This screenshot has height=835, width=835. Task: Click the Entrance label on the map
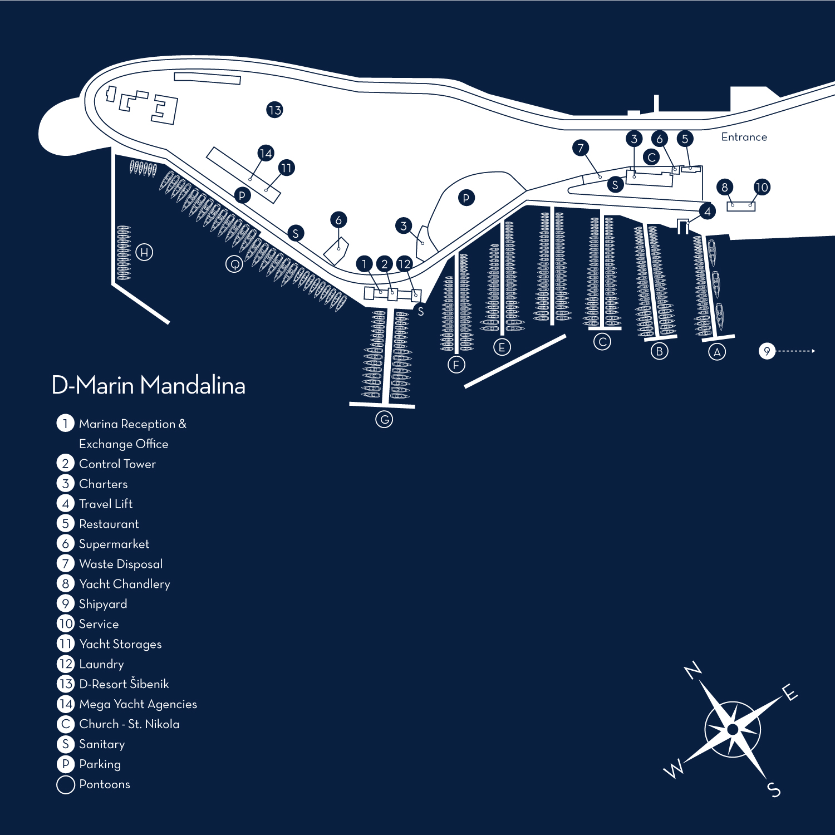[x=744, y=137]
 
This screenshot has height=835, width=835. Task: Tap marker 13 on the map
[x=274, y=110]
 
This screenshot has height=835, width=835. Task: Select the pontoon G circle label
[x=384, y=419]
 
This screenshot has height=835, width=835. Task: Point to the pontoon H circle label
[x=144, y=252]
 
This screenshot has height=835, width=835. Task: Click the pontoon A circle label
[x=717, y=352]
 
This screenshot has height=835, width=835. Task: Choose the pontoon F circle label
[x=456, y=365]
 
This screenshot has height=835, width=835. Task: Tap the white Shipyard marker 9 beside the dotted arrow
[x=767, y=351]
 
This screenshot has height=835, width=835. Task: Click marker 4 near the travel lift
[x=707, y=212]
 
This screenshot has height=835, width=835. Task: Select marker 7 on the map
[x=581, y=148]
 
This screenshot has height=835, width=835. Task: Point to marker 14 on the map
[x=266, y=153]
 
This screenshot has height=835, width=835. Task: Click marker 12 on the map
[x=404, y=264]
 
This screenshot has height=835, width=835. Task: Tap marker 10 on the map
[x=762, y=187]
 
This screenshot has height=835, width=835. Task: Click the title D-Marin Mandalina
[x=148, y=385]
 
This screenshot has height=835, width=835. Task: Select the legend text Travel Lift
[x=106, y=504]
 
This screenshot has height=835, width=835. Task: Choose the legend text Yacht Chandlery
[x=124, y=584]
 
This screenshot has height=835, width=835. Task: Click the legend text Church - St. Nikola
[x=129, y=724]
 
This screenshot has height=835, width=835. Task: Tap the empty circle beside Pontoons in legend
[x=66, y=784]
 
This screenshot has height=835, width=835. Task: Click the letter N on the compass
[x=692, y=670]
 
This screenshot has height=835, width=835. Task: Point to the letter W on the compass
[x=674, y=769]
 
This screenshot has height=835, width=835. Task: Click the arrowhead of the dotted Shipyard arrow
[x=813, y=351]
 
